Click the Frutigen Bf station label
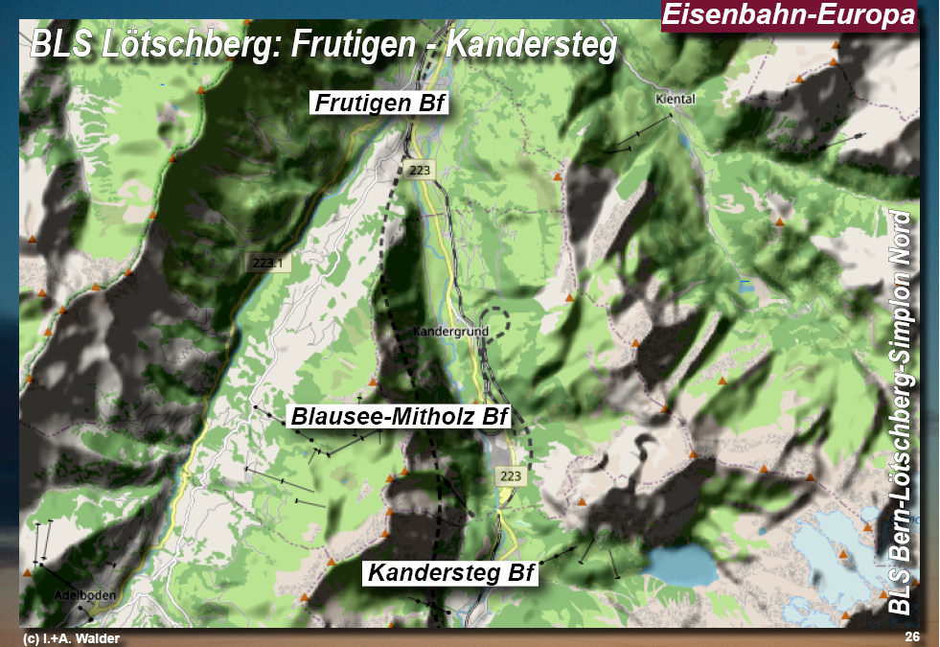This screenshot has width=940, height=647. [x=380, y=104]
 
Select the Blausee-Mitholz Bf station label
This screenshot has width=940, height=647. [x=399, y=417]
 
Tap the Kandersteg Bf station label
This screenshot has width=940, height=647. [x=451, y=573]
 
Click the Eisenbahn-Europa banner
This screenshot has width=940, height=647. [x=789, y=16]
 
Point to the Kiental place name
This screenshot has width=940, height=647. [x=675, y=99]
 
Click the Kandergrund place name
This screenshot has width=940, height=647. [x=450, y=332]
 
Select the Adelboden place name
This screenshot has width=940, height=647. [x=85, y=595]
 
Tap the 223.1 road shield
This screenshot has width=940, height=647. [x=268, y=263]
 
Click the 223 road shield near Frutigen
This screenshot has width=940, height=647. [x=419, y=170]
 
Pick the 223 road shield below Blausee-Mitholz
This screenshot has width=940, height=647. [x=511, y=475]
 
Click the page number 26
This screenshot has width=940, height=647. [x=911, y=637]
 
